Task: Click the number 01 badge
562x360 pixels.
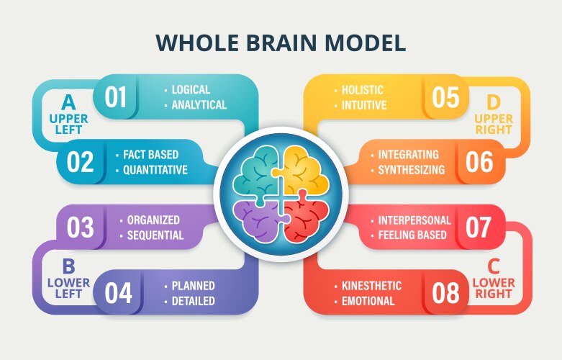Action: [116, 97]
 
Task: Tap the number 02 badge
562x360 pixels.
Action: [81, 162]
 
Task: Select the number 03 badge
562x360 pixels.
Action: [81, 227]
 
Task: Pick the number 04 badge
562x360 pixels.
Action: [119, 292]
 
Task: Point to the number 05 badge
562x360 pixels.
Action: [445, 97]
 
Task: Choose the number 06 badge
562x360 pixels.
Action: [479, 162]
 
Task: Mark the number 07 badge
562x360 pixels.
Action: [479, 227]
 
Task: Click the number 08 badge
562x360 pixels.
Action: [446, 292]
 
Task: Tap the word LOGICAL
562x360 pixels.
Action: [191, 90]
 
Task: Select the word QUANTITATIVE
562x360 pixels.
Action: [155, 171]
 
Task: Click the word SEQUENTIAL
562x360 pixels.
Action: [156, 235]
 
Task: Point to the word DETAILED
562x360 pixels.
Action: [193, 301]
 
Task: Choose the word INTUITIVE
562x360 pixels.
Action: [364, 105]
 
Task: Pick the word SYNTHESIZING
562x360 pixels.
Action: [412, 171]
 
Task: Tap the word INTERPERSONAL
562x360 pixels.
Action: [414, 220]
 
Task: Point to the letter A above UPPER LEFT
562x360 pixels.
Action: [68, 100]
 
